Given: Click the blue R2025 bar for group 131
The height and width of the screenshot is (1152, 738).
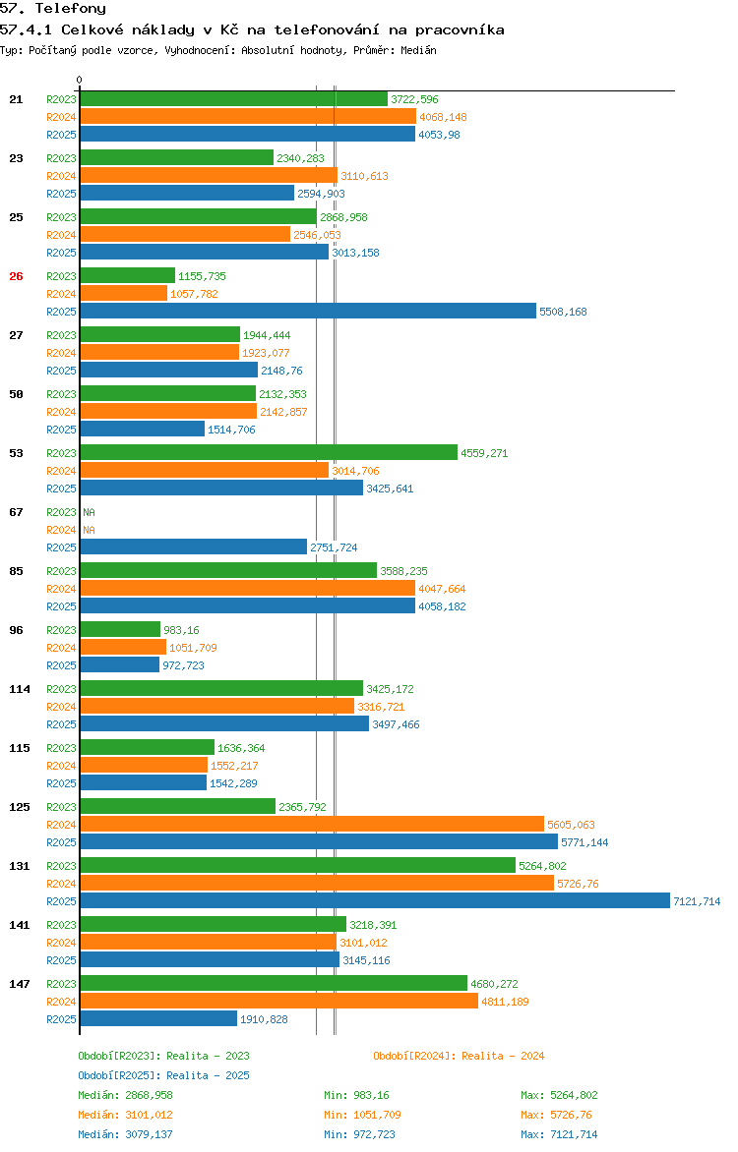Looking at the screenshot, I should click(x=374, y=901).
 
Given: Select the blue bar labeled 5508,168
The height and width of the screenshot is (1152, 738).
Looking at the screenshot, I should click(x=308, y=312).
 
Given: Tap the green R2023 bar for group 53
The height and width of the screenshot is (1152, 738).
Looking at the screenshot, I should click(x=269, y=453).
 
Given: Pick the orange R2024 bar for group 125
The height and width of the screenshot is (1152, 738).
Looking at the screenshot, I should click(x=312, y=825).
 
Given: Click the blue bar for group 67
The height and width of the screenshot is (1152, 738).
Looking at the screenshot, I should click(x=193, y=547).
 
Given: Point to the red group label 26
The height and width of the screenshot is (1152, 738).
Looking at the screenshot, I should click(x=16, y=276).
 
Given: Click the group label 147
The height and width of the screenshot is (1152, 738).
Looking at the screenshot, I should click(x=19, y=984).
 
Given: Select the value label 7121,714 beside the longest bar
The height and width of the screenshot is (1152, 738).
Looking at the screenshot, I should click(x=696, y=901).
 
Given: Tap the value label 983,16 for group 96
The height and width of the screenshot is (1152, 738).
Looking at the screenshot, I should click(x=181, y=630).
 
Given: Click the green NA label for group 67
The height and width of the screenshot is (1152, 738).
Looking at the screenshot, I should click(x=89, y=512).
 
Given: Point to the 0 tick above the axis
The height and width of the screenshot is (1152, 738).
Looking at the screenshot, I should click(x=80, y=80).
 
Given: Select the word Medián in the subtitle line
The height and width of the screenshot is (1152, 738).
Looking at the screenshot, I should click(x=418, y=50).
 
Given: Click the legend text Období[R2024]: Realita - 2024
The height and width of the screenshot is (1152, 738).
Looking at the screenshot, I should click(x=459, y=1056).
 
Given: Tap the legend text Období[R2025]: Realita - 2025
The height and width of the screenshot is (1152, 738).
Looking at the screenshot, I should click(x=163, y=1075).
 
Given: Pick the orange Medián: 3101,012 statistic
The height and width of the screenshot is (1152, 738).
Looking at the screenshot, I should click(x=125, y=1115).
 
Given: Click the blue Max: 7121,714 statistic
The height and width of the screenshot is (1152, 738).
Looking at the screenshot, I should click(x=559, y=1134).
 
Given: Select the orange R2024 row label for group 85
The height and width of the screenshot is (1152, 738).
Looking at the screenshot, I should click(x=61, y=589).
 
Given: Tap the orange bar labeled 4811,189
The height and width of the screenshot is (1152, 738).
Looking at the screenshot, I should click(x=278, y=1002).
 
